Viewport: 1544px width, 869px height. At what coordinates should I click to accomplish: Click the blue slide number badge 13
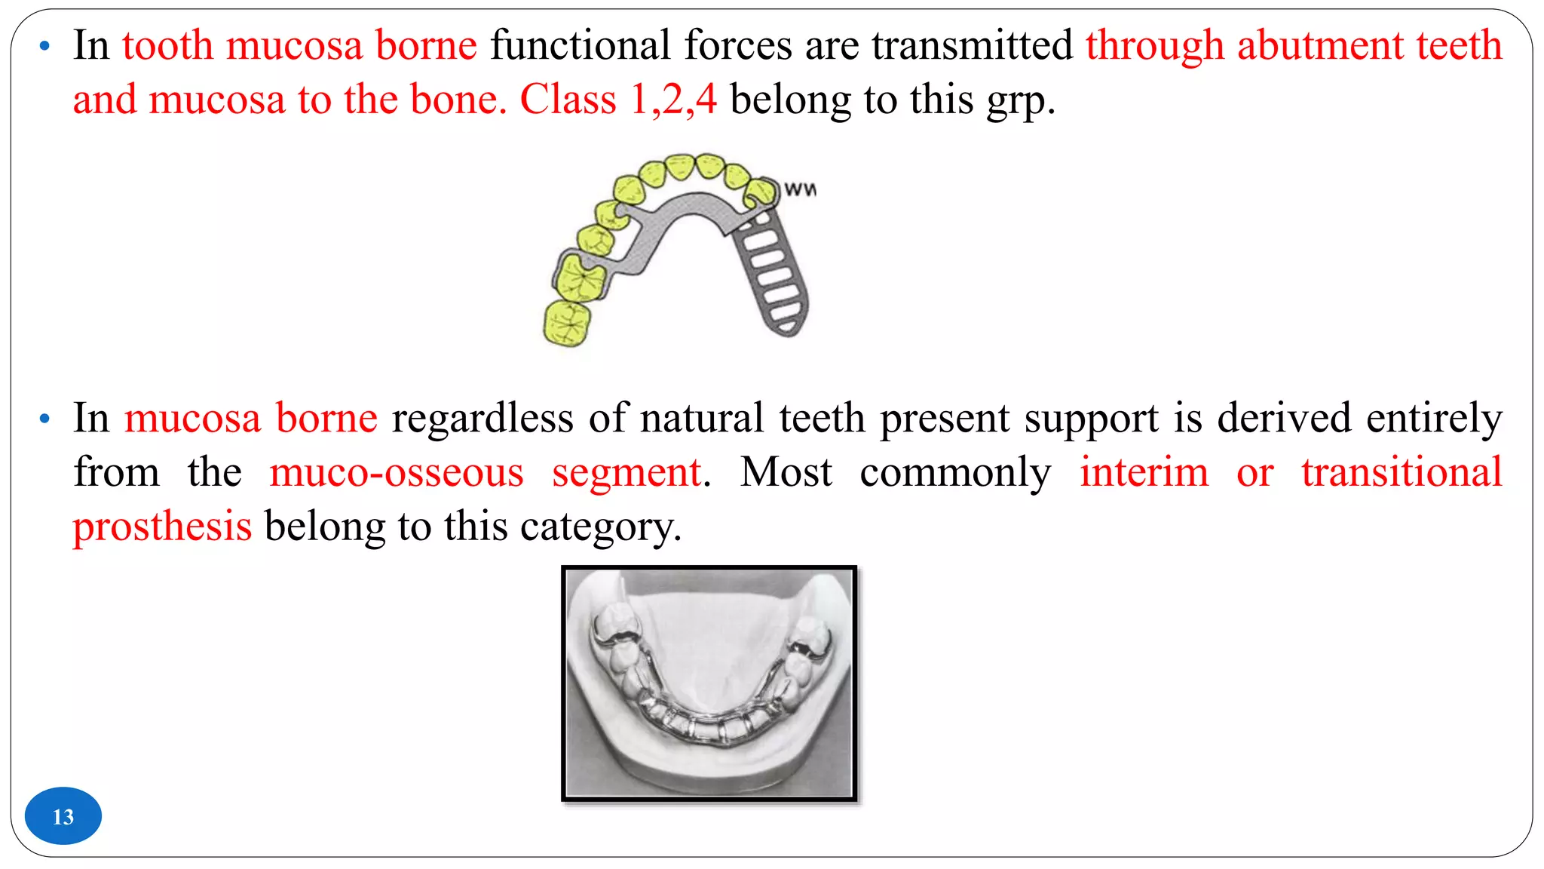point(63,816)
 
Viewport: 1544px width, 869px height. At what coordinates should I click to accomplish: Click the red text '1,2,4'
point(673,100)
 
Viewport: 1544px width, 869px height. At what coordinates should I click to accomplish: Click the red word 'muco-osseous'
point(397,473)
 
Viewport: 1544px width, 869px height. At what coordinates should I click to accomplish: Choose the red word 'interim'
point(1144,473)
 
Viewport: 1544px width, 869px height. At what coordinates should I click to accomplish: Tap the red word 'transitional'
point(1402,473)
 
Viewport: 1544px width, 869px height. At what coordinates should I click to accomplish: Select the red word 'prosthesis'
point(162,527)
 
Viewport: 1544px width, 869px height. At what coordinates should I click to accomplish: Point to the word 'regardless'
point(482,418)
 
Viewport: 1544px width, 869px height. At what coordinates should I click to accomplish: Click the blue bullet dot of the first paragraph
point(45,47)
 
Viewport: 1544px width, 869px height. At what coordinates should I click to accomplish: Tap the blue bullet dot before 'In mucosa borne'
point(45,419)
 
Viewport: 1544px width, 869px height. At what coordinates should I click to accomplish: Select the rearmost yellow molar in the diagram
point(567,323)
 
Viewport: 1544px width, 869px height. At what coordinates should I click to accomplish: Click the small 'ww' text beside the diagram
point(800,189)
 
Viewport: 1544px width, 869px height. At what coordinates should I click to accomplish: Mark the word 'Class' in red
point(568,100)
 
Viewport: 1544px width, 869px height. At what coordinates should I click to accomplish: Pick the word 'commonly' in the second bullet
point(955,473)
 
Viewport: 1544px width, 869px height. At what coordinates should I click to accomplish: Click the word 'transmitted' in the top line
point(973,45)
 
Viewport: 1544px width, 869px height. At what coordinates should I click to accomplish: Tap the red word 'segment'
point(627,473)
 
